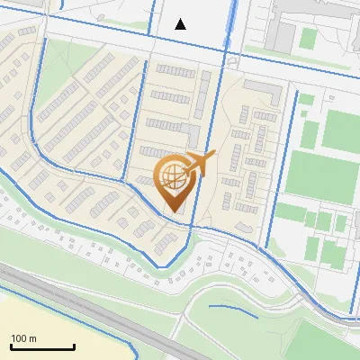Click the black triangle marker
181,24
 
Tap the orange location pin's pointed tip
173,211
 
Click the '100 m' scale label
23,338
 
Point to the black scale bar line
42,346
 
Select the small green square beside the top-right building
308,39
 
